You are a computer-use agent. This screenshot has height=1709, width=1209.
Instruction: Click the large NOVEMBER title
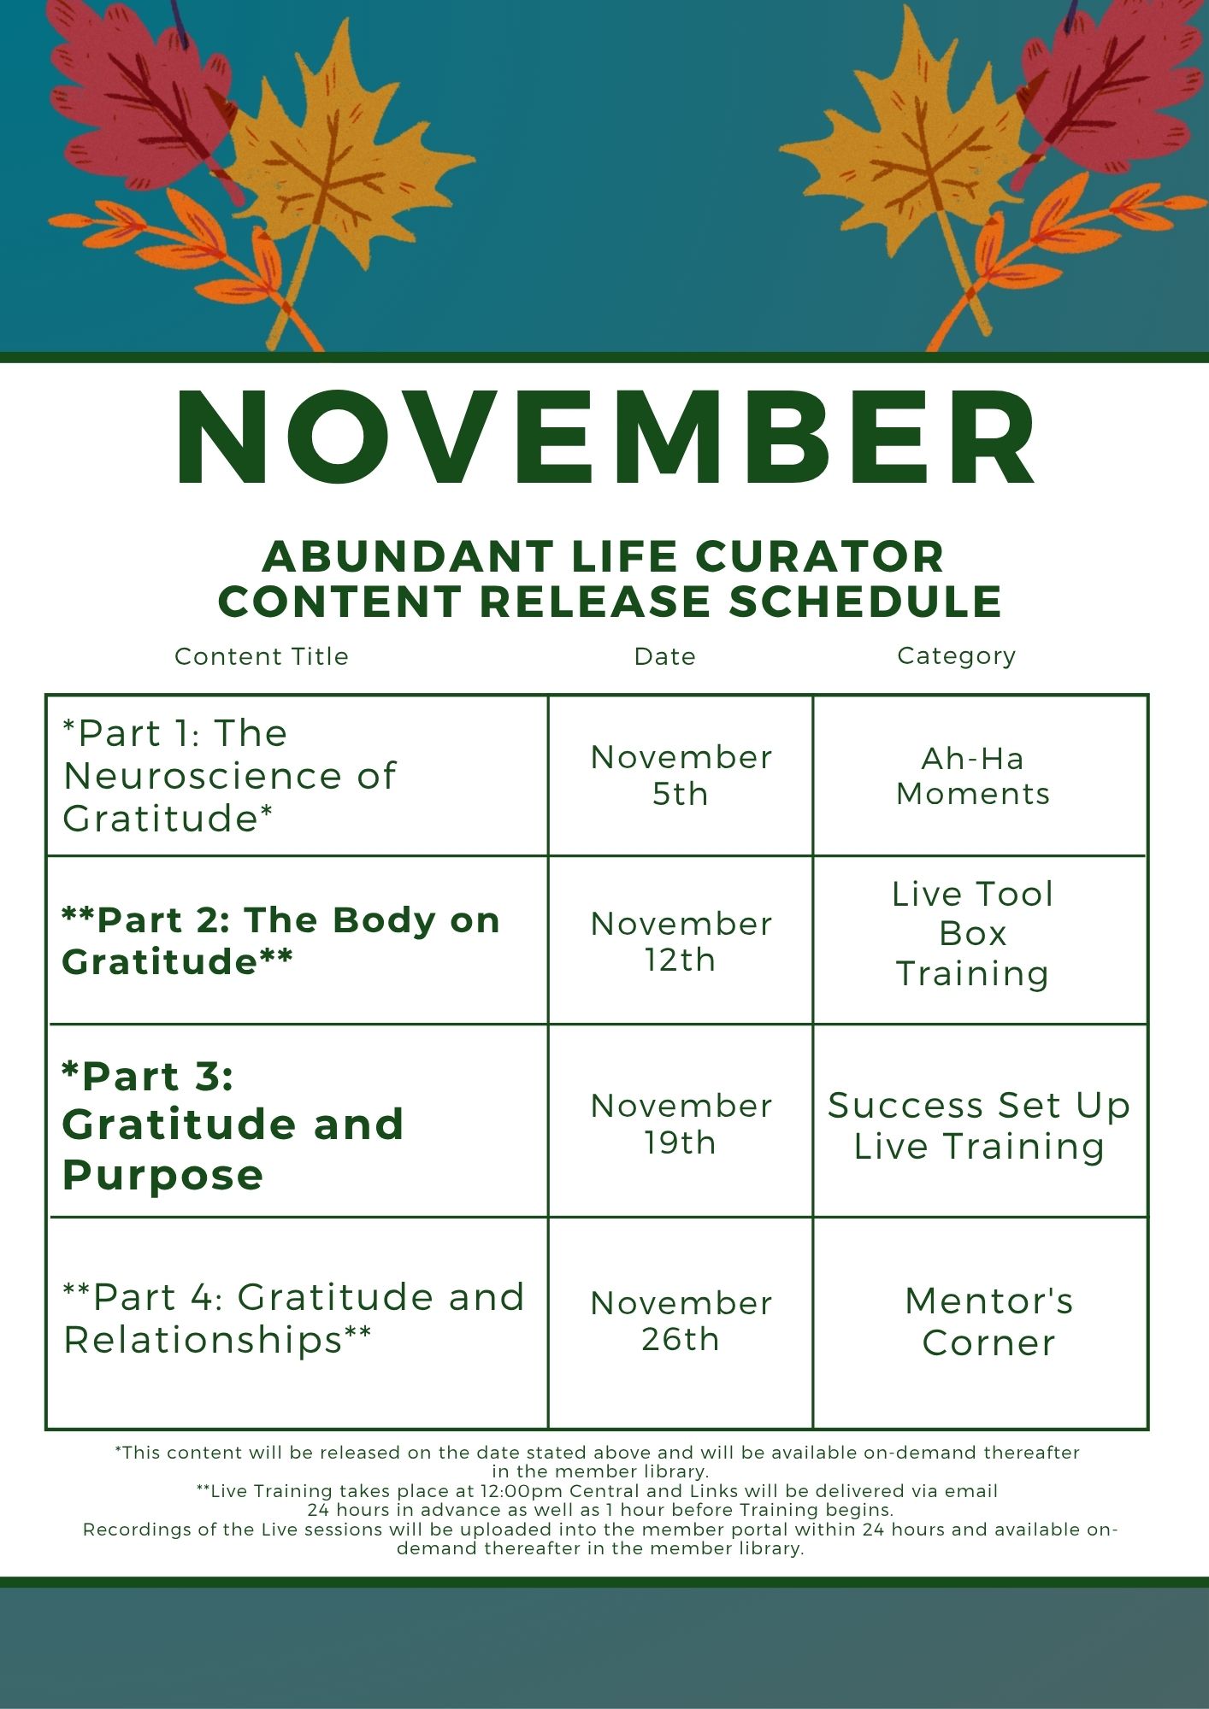point(605,438)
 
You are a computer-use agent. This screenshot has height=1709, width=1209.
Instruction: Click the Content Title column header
point(262,656)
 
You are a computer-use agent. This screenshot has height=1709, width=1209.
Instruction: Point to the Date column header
point(665,656)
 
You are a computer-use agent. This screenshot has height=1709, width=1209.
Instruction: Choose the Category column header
point(957,655)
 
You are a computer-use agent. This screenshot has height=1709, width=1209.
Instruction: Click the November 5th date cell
point(681,775)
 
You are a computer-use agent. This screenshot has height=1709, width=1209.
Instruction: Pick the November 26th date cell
point(681,1321)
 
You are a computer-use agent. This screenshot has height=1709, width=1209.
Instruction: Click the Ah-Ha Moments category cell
point(973,776)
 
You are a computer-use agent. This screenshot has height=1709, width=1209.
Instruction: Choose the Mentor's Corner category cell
point(989,1321)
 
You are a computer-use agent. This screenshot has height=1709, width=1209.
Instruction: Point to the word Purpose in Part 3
point(162,1174)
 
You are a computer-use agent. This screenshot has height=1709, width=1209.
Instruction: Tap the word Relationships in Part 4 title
point(203,1339)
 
